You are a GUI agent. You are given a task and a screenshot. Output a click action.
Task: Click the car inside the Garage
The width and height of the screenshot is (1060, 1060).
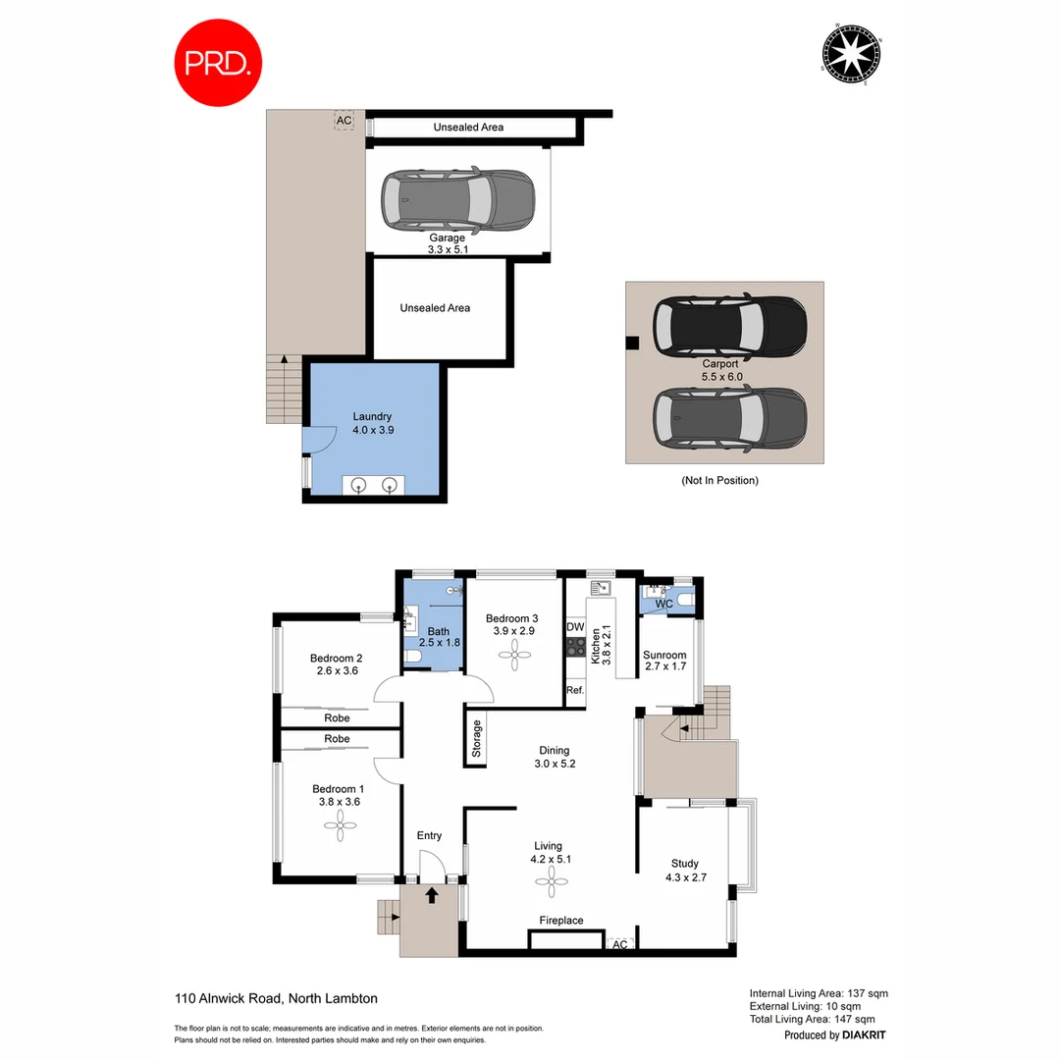[457, 199]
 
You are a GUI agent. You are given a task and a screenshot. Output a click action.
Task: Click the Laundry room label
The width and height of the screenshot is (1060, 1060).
[372, 423]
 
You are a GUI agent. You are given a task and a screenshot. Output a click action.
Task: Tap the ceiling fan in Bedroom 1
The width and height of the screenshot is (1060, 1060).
[339, 830]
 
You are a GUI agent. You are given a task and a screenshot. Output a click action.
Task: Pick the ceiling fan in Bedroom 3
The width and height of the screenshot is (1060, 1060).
[512, 655]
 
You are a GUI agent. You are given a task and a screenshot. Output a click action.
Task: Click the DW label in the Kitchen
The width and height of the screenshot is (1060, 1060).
[576, 626]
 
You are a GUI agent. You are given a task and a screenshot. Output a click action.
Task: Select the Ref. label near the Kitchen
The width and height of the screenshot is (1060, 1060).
[576, 691]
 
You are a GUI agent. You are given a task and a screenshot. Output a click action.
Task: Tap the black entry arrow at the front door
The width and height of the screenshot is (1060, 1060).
[430, 894]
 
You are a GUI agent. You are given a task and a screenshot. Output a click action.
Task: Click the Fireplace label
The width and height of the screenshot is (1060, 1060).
[561, 921]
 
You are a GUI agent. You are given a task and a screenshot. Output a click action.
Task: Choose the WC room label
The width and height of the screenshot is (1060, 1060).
[663, 604]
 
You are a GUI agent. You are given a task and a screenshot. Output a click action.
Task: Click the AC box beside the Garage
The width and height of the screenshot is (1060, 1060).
[344, 122]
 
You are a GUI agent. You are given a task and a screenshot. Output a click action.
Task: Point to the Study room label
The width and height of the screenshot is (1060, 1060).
[685, 865]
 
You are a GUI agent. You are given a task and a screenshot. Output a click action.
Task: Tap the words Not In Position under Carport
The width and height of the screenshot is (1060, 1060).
[719, 481]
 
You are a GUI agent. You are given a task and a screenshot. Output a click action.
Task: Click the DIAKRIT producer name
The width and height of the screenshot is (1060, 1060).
[864, 1035]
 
